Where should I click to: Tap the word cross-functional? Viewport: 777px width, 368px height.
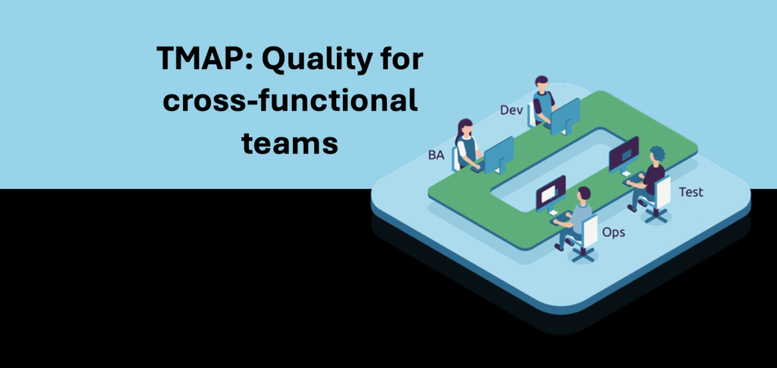pyautogui.click(x=290, y=102)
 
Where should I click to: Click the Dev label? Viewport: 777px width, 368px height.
pyautogui.click(x=511, y=111)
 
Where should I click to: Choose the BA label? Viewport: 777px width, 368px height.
pyautogui.click(x=436, y=156)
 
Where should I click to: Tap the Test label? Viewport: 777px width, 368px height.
pyautogui.click(x=690, y=192)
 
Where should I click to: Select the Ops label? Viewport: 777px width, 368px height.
pyautogui.click(x=613, y=231)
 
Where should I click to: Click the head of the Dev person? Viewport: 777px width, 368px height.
pyautogui.click(x=542, y=83)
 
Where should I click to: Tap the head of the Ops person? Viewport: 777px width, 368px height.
pyautogui.click(x=584, y=195)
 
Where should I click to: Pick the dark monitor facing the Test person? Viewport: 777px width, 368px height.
pyautogui.click(x=624, y=153)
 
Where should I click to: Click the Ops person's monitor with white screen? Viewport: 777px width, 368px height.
pyautogui.click(x=550, y=193)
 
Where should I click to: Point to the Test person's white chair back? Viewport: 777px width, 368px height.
pyautogui.click(x=662, y=191)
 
